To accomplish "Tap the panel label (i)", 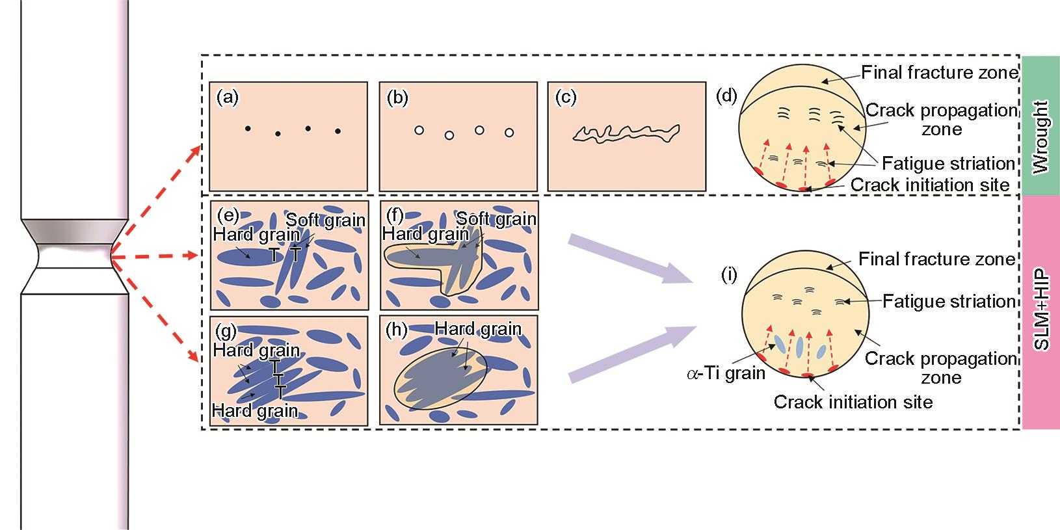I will coord(729,274).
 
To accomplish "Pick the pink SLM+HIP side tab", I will coord(1040,312).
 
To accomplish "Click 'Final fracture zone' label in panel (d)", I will coord(939,72).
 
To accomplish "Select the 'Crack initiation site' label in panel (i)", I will coord(853,402).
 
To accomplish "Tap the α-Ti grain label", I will coord(726,374).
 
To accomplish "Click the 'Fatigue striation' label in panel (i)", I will coord(949,301).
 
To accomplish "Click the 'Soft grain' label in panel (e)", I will coord(325,219).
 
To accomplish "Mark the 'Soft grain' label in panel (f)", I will coord(496,218).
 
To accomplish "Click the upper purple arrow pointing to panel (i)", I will coord(628,259).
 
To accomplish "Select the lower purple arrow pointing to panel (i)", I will coord(628,354).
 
